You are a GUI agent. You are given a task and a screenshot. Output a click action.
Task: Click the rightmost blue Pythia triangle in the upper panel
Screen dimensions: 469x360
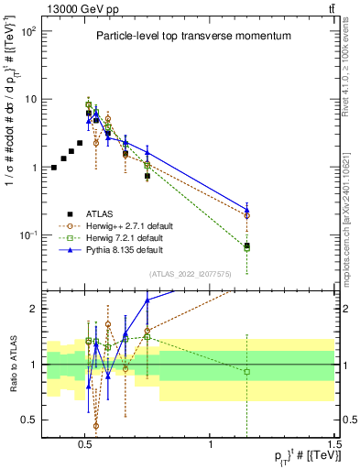[246, 209]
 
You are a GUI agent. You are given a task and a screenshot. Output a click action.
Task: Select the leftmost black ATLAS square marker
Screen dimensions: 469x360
[54, 168]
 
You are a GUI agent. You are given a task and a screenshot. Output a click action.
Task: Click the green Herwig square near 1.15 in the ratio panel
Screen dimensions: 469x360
[246, 371]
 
